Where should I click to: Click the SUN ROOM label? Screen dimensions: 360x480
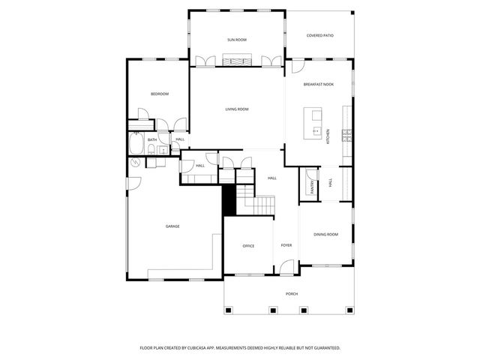(x=237, y=39)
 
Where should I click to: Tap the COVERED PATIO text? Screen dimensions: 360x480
(x=320, y=35)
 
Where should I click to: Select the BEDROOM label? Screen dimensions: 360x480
(x=159, y=94)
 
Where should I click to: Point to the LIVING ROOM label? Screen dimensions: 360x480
(x=237, y=109)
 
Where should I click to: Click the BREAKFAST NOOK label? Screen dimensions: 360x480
(x=319, y=85)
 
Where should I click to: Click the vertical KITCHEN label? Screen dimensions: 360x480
(x=328, y=136)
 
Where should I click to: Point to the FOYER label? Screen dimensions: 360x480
(x=286, y=245)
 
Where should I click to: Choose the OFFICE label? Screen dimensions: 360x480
(x=248, y=246)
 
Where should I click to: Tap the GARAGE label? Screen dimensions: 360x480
(x=172, y=226)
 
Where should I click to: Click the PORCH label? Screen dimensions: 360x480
(x=291, y=294)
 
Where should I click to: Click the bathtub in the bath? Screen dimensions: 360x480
(x=136, y=143)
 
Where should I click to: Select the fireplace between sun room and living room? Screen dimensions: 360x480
(x=237, y=60)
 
